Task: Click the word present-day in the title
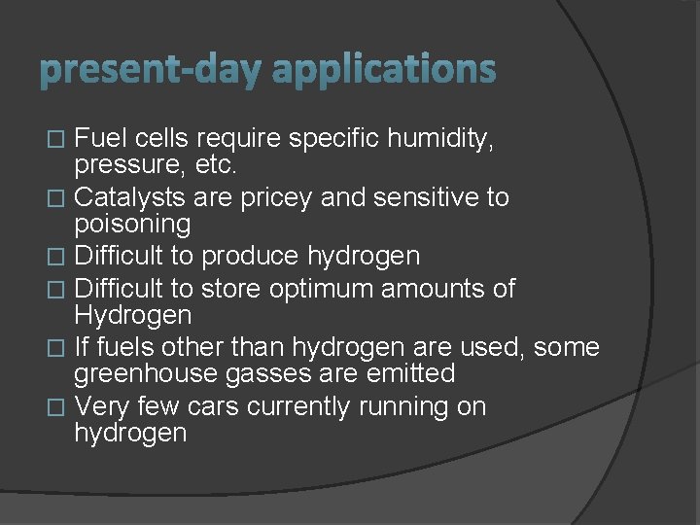click(x=151, y=70)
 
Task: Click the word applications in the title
click(x=384, y=70)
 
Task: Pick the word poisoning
click(x=132, y=225)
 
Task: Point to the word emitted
click(x=405, y=373)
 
